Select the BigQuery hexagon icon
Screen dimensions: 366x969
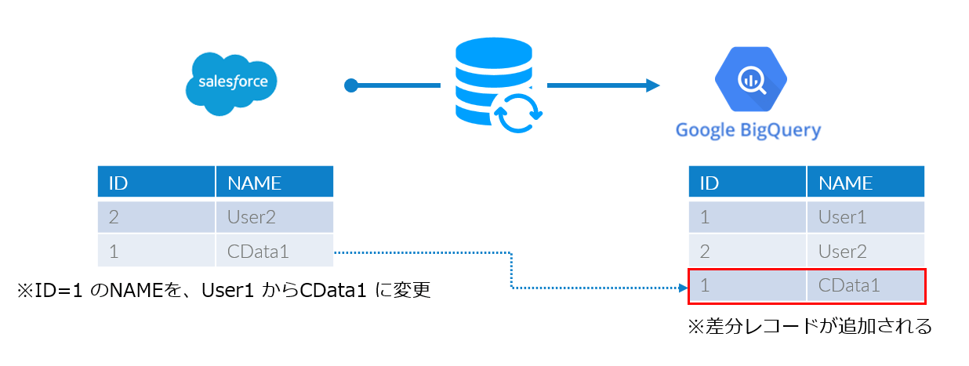coord(750,79)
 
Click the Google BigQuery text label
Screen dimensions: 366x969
coord(748,129)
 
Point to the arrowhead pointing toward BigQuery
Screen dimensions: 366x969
coord(651,85)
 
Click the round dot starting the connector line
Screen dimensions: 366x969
coord(351,85)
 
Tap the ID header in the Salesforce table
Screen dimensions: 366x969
coord(118,183)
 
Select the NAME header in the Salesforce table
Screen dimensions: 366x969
coord(254,183)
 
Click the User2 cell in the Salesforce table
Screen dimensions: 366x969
coord(252,218)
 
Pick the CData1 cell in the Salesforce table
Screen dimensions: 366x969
coord(258,252)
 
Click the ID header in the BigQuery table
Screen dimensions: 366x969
coord(709,183)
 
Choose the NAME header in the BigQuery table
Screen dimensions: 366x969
coord(845,183)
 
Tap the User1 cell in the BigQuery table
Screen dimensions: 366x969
coord(842,218)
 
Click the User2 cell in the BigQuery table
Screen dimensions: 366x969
coord(842,252)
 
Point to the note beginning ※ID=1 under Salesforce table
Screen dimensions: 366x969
coord(224,291)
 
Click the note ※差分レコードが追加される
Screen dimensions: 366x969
coord(809,326)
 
